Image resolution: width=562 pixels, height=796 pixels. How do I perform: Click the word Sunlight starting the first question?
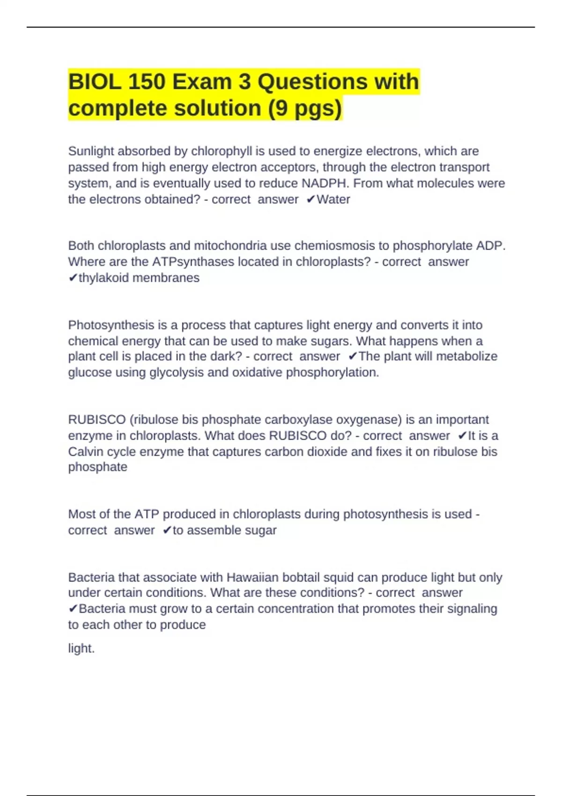click(x=91, y=151)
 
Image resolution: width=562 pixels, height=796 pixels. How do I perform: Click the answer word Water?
click(x=333, y=199)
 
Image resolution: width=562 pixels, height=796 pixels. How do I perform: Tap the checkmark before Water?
click(x=311, y=199)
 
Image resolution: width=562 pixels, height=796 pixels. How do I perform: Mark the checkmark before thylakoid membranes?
click(x=73, y=278)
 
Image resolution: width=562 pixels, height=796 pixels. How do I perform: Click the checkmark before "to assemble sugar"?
click(x=167, y=531)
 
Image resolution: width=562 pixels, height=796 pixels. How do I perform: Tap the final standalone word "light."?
click(x=81, y=649)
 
